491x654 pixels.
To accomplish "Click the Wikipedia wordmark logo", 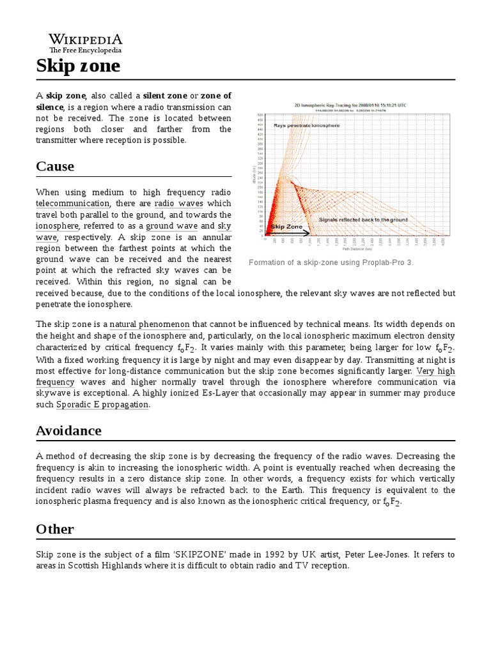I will click(x=86, y=39).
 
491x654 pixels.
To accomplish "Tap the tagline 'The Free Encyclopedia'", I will click(x=86, y=50).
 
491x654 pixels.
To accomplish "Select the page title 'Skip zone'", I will click(x=77, y=66).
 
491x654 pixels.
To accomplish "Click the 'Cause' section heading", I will click(x=55, y=167).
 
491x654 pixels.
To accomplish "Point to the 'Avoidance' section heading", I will click(x=68, y=430).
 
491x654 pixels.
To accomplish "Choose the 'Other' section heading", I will click(x=55, y=529).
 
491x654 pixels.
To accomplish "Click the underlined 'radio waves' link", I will click(x=179, y=204).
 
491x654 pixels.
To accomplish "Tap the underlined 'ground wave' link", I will click(x=172, y=226).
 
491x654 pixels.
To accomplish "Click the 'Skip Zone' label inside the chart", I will click(x=286, y=226).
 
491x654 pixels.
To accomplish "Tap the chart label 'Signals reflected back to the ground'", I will click(x=363, y=219).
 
